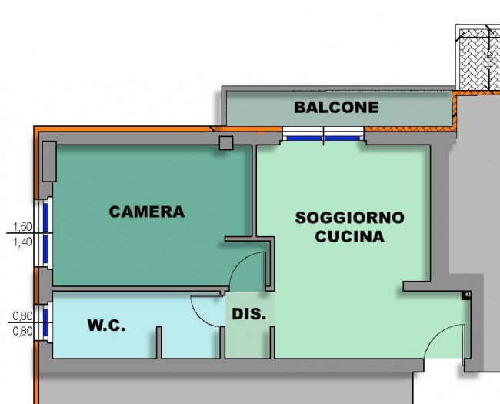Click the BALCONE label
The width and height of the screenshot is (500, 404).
pyautogui.click(x=336, y=107)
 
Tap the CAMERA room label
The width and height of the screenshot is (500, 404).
pyautogui.click(x=147, y=211)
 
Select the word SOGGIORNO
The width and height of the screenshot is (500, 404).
pyautogui.click(x=349, y=218)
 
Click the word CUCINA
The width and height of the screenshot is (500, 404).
pyautogui.click(x=349, y=236)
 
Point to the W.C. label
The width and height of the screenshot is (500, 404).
pyautogui.click(x=106, y=326)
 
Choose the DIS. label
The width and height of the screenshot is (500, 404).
pyautogui.click(x=249, y=314)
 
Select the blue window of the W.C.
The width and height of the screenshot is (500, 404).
pyautogui.click(x=47, y=323)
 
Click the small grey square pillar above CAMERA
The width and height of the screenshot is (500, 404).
pyautogui.click(x=226, y=143)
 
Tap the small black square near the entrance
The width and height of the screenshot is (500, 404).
pyautogui.click(x=466, y=295)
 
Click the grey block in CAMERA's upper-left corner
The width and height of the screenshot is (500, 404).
pyautogui.click(x=49, y=162)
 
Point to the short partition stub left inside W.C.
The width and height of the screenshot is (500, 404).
pyautogui.click(x=159, y=342)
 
